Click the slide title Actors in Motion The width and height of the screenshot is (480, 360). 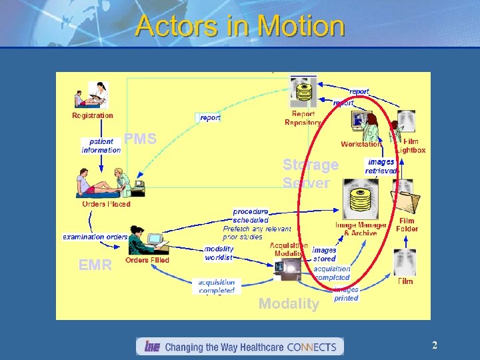pos(240,27)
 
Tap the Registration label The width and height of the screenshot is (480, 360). pos(93,115)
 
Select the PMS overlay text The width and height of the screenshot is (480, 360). pos(141,139)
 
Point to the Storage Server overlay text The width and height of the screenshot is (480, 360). pos(310,173)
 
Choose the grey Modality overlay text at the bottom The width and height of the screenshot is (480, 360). pos(289,304)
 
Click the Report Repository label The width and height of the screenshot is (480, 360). pos(303,118)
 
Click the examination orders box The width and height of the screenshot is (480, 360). pos(95,237)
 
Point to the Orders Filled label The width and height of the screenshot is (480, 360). pos(147,260)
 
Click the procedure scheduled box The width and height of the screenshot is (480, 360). pos(251,215)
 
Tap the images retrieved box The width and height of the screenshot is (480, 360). pos(381,167)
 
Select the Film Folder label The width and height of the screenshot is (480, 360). pos(407,225)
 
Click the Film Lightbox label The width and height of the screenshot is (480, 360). pos(411,145)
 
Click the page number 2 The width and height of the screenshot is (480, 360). pos(435,345)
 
